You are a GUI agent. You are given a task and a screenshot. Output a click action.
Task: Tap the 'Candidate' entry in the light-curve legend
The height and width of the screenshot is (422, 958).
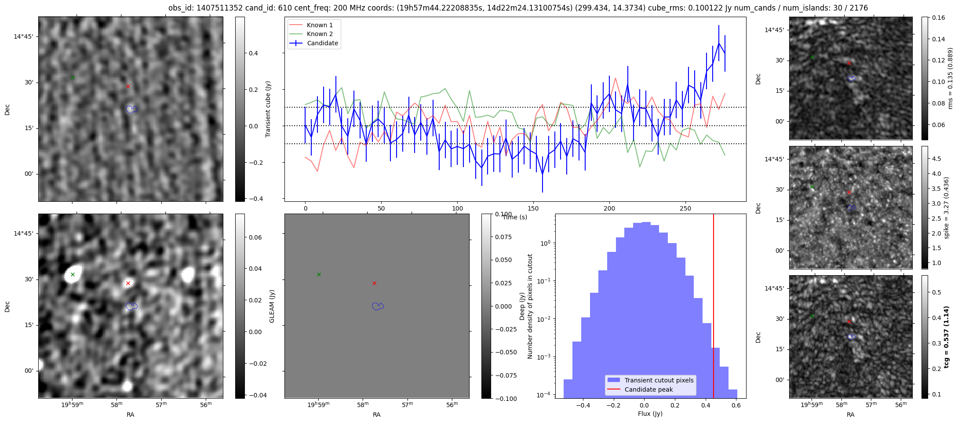pyautogui.click(x=322, y=43)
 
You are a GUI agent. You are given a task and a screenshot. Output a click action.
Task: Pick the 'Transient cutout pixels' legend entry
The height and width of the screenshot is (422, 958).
pyautogui.click(x=659, y=380)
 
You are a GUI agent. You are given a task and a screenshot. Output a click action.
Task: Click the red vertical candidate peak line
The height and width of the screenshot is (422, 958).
pyautogui.click(x=713, y=308)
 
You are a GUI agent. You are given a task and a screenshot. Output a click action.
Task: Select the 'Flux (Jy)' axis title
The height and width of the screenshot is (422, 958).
pyautogui.click(x=650, y=414)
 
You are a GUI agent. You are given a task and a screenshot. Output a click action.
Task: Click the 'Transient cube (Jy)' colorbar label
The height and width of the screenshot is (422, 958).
pyautogui.click(x=268, y=109)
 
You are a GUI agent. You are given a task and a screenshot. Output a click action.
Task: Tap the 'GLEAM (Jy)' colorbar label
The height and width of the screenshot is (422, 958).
pyautogui.click(x=272, y=306)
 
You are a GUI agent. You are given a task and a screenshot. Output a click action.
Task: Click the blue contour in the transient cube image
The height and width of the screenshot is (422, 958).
pyautogui.click(x=131, y=109)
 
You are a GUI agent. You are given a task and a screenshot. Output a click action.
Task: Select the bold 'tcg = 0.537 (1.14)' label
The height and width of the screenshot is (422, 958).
pyautogui.click(x=947, y=337)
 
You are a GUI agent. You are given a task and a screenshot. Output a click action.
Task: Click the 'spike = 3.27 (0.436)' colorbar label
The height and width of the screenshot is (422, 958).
pyautogui.click(x=947, y=207)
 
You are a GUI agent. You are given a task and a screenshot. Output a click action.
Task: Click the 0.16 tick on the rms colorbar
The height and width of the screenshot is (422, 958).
pyautogui.click(x=938, y=18)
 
